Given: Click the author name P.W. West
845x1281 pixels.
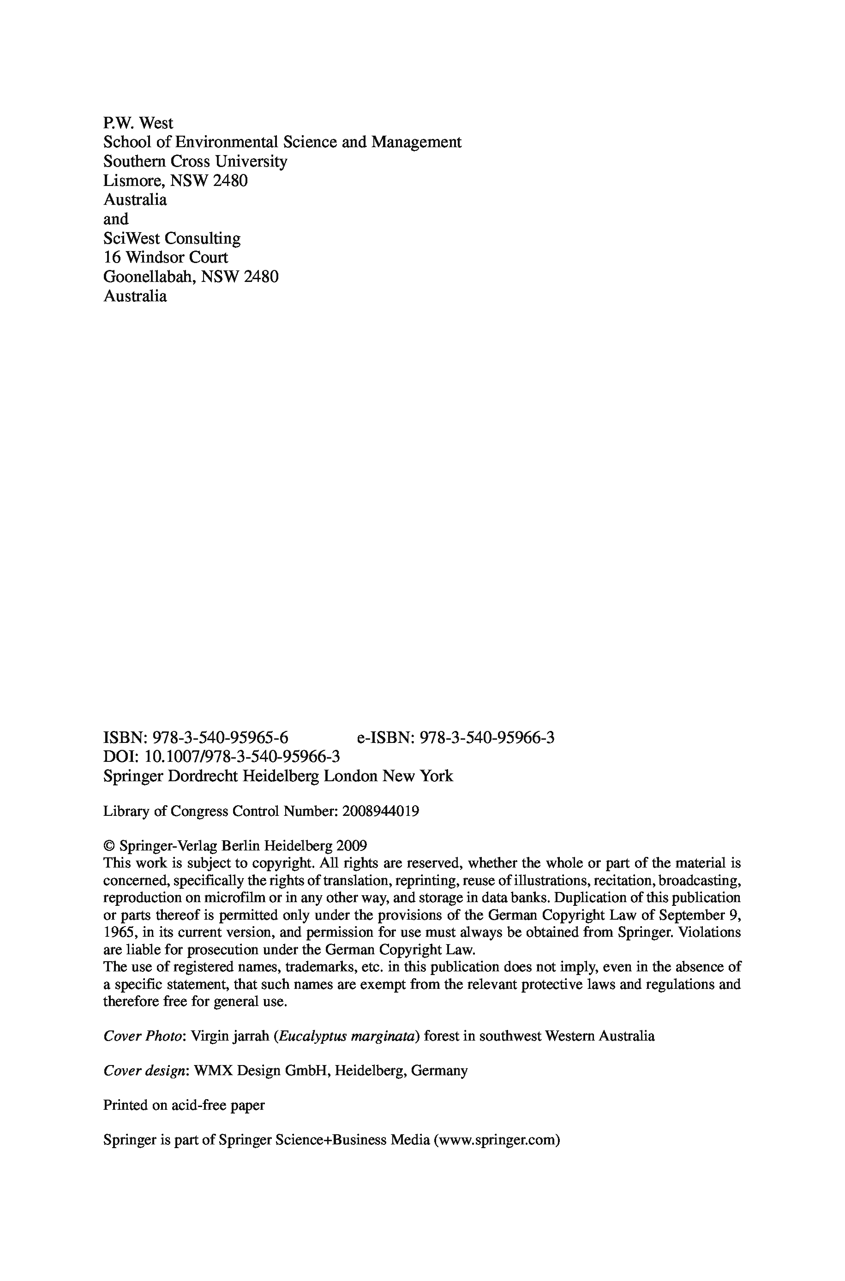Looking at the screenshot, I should click(138, 123).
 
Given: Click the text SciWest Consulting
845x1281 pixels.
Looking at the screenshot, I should click(171, 238).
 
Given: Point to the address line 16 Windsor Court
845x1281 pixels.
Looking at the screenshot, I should click(165, 257).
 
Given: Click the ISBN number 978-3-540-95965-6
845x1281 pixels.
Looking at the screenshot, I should click(221, 737).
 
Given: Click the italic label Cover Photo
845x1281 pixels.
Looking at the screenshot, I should click(142, 1036).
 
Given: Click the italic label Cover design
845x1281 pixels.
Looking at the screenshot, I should click(144, 1071).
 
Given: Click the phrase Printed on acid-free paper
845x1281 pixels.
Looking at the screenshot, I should click(184, 1105).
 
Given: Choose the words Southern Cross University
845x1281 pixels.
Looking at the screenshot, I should click(195, 162).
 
